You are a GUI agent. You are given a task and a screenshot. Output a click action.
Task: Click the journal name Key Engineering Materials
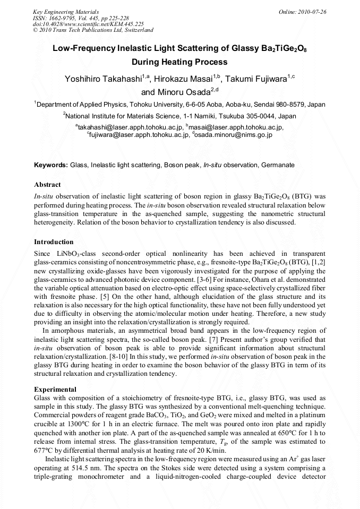point(66,12)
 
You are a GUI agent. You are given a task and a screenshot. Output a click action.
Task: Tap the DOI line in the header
point(88,24)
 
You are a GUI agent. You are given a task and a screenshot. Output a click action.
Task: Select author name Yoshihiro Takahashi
point(103,80)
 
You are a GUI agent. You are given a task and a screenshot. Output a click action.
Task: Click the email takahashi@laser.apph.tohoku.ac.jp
point(131,127)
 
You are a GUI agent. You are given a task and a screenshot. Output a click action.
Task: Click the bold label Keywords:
point(51,165)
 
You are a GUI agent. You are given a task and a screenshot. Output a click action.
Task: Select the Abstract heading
point(47,185)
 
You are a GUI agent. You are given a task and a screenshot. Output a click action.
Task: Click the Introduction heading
point(54,242)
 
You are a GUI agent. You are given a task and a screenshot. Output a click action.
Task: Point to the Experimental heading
point(55,390)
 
